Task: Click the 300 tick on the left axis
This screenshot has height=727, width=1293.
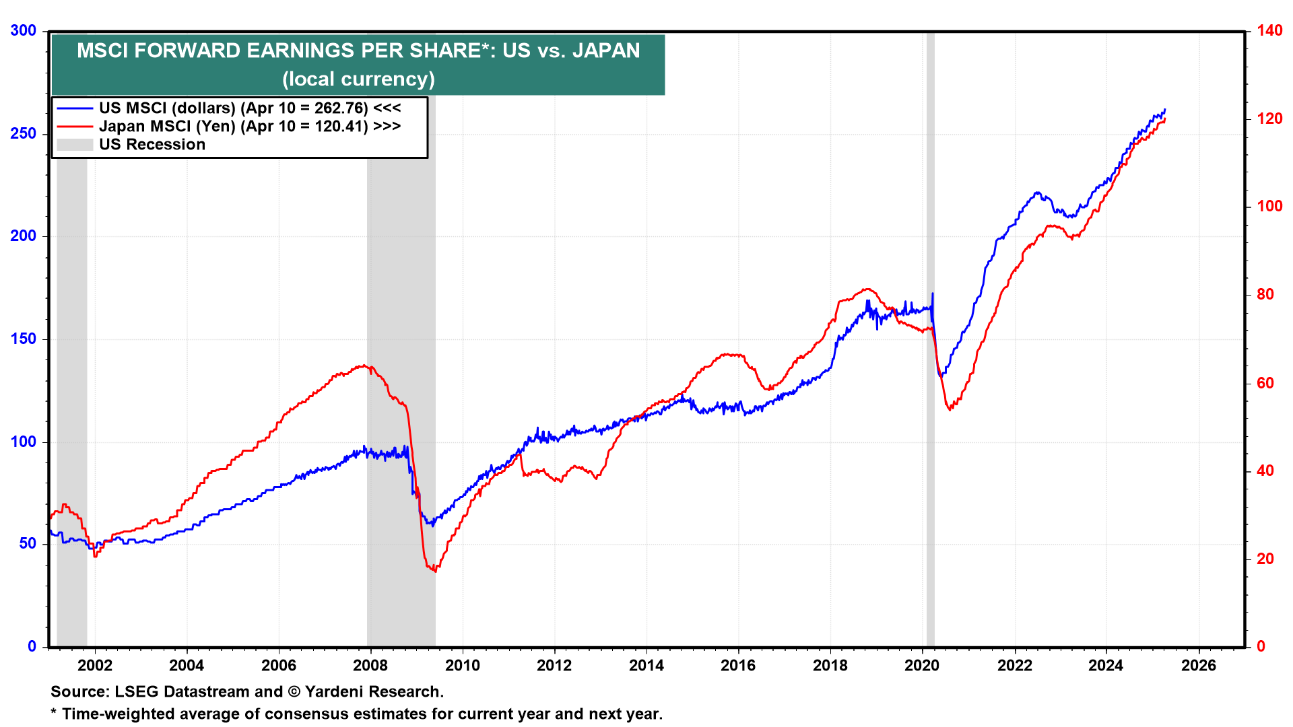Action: [x=23, y=31]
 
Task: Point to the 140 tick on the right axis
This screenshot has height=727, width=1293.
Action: [x=1269, y=31]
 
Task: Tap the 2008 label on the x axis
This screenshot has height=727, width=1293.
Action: [x=370, y=666]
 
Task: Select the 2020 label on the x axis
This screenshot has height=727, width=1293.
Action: [x=922, y=666]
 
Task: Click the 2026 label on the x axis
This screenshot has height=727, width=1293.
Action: [x=1199, y=666]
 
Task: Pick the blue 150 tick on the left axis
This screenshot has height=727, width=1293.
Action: [x=23, y=339]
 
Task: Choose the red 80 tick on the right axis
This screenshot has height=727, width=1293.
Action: [x=1265, y=295]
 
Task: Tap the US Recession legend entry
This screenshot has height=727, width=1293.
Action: [x=152, y=145]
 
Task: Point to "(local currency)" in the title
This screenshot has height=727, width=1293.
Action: [x=358, y=79]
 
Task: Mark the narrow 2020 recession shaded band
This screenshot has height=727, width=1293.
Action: [x=931, y=337]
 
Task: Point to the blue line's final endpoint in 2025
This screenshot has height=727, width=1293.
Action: [x=1165, y=109]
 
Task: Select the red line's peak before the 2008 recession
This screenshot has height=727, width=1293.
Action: [x=364, y=366]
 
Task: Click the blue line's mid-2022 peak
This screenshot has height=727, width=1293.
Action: [x=1038, y=193]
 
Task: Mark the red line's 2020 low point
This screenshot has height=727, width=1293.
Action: [x=950, y=409]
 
